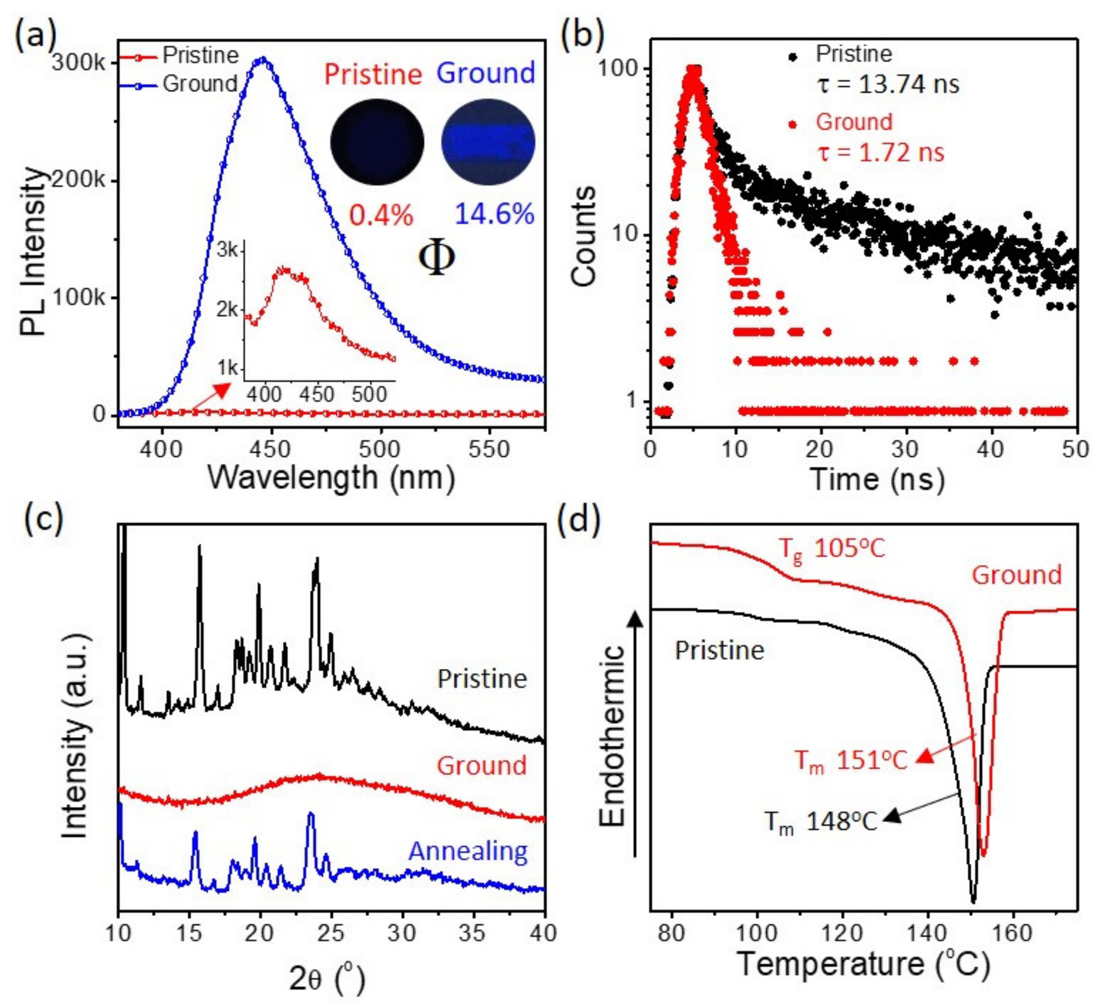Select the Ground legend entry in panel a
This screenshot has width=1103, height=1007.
click(x=200, y=84)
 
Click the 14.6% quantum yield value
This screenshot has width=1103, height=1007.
click(x=494, y=214)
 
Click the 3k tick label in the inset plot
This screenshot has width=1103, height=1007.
click(x=228, y=251)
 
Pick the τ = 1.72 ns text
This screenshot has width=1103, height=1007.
click(x=881, y=153)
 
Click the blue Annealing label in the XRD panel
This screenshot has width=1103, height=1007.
click(x=468, y=852)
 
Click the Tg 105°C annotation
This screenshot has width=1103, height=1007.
click(x=831, y=549)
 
